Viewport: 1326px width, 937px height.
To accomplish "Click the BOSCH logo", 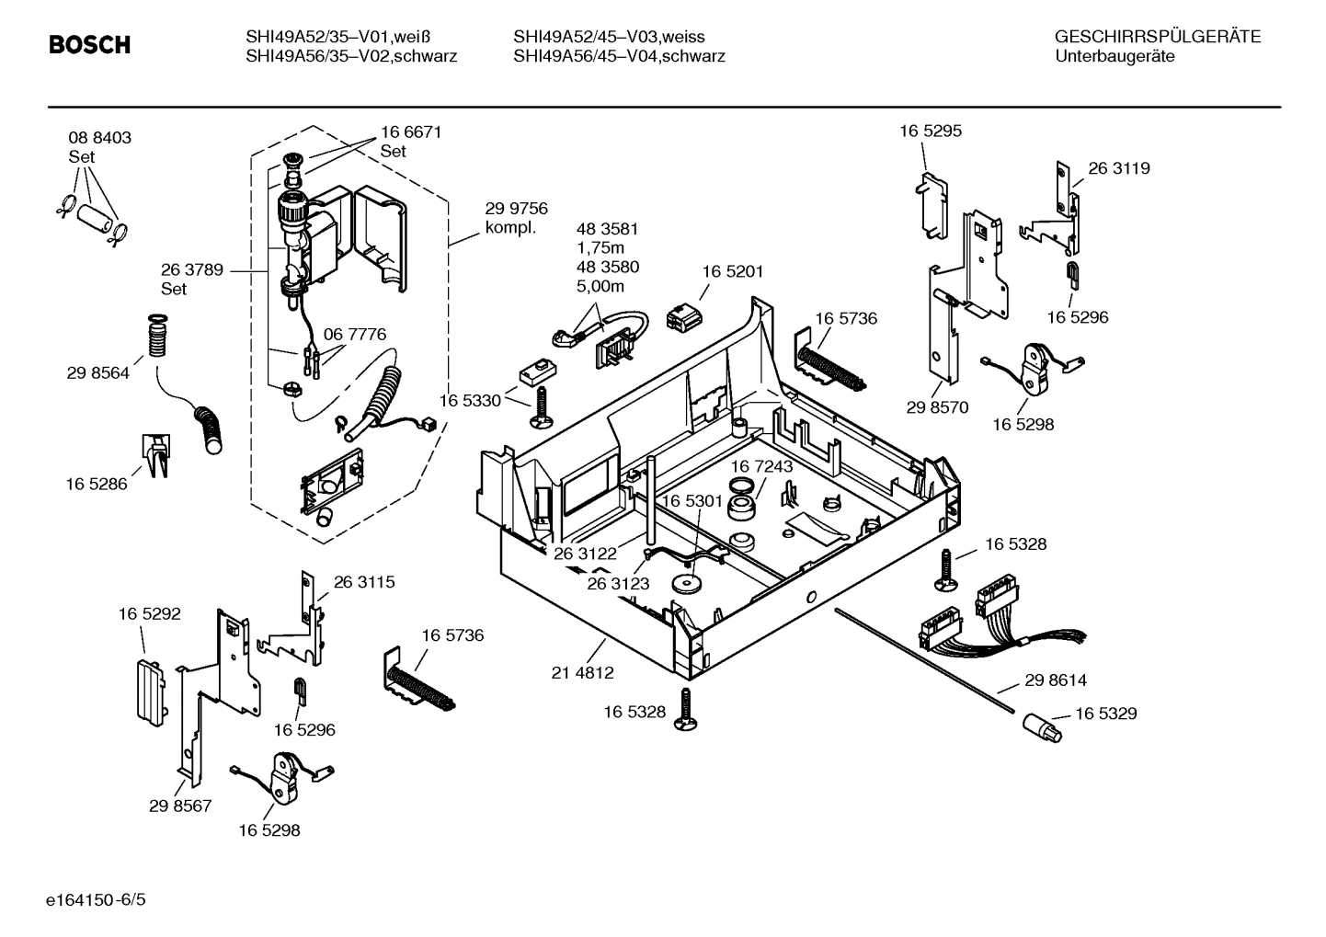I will click(89, 45).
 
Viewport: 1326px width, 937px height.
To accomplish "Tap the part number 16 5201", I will click(732, 271).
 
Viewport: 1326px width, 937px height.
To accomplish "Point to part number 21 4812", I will click(582, 672).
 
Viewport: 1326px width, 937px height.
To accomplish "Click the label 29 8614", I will click(1056, 680).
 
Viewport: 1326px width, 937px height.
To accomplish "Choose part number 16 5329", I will click(1106, 714).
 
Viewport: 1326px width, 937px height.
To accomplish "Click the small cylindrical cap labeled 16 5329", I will click(1041, 728).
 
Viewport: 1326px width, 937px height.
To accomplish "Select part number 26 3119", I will click(1119, 168).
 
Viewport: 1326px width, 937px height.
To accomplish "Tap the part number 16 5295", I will click(931, 131).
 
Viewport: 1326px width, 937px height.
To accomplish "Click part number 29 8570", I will click(937, 407).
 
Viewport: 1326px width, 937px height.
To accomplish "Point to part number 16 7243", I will click(761, 466).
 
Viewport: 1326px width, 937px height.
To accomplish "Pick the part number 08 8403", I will click(99, 138).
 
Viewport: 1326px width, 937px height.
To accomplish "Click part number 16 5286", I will click(97, 484).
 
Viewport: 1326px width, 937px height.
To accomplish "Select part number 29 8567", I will click(180, 806).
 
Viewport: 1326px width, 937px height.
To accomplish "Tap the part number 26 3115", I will click(364, 582).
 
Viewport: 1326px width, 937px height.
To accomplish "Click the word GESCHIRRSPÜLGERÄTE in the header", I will click(1157, 37).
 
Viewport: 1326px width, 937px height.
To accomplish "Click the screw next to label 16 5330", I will click(541, 406).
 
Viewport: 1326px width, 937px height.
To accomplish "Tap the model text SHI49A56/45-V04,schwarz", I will click(619, 56).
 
